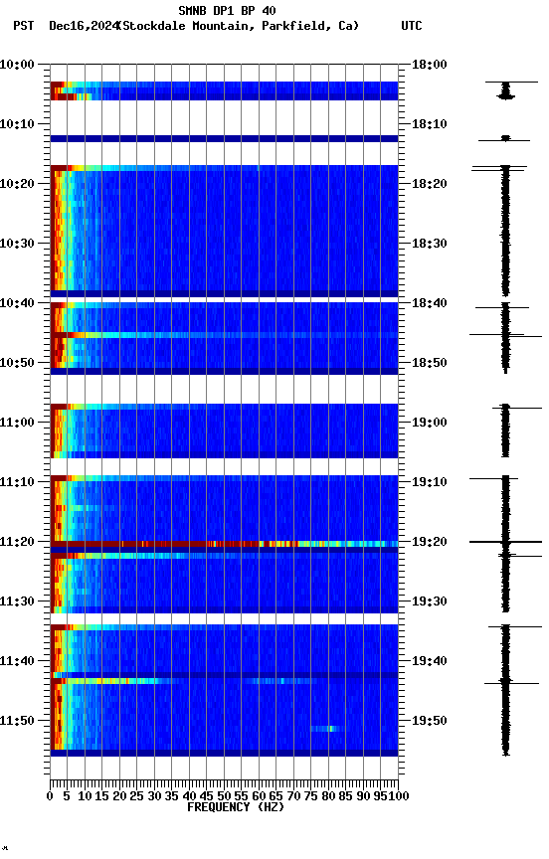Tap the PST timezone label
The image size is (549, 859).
click(24, 26)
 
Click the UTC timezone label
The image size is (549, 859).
click(412, 26)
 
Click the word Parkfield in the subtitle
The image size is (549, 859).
click(295, 26)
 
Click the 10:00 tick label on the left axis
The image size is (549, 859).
click(18, 65)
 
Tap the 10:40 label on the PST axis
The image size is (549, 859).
click(18, 303)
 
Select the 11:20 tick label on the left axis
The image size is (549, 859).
click(18, 542)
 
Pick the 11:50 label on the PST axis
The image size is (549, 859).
click(18, 721)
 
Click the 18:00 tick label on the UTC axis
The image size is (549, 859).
click(430, 65)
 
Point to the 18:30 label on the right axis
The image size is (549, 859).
click(430, 244)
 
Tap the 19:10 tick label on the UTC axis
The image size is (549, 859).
click(430, 482)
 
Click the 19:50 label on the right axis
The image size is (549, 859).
click(430, 721)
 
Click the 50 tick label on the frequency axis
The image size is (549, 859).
click(224, 796)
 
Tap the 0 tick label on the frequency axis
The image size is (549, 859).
click(50, 796)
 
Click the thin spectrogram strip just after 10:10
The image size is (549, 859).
click(224, 138)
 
